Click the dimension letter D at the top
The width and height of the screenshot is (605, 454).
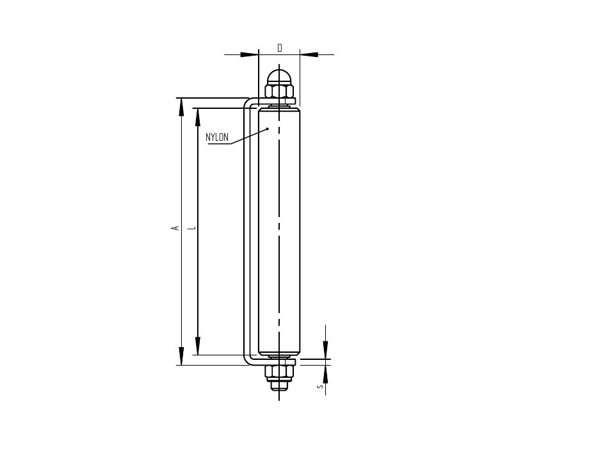point(280,48)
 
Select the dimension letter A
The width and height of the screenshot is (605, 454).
point(175,228)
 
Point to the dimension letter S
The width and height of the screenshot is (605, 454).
point(320,386)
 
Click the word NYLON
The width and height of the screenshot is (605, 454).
point(217,137)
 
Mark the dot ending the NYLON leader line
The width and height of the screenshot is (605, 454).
point(268,129)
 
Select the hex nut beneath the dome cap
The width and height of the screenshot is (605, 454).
point(279,91)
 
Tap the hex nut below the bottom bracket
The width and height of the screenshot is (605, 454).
point(279,373)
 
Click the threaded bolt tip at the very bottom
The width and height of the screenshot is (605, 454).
point(279,385)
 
